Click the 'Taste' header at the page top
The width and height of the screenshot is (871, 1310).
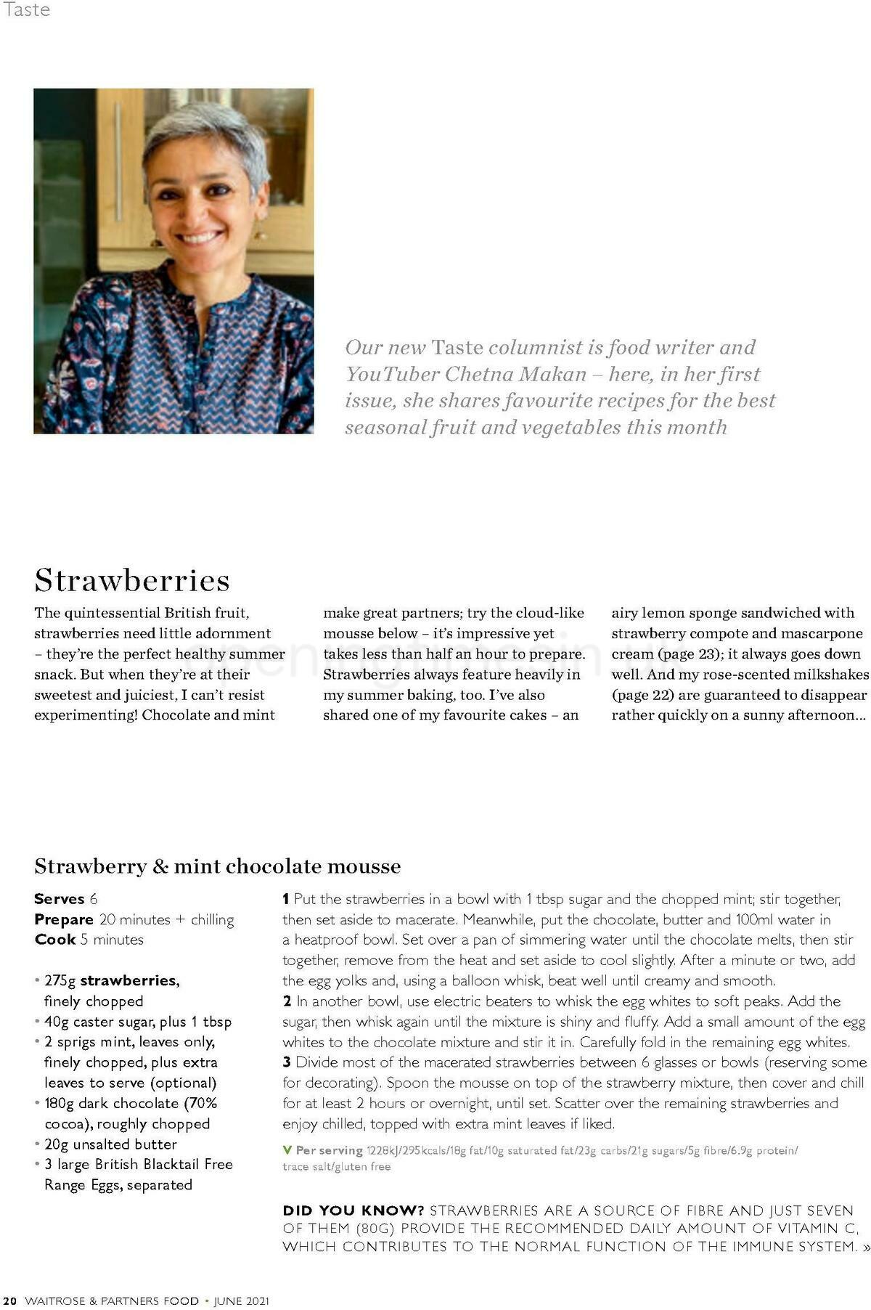coord(27,9)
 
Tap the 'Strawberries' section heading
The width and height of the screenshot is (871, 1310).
coord(132,580)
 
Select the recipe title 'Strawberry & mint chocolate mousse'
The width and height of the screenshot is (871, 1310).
coord(217,866)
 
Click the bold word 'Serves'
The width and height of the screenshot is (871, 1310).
coord(60,899)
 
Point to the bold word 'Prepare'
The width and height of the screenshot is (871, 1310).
coord(64,919)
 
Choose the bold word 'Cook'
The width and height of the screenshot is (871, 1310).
coord(54,940)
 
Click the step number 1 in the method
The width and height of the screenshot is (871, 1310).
coord(286,899)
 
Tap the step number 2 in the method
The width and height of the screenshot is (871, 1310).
coord(287,1001)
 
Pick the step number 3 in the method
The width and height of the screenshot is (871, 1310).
coord(287,1062)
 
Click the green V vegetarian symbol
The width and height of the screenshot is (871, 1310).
coord(287,1150)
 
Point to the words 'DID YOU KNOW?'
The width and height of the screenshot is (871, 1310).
coord(353,1211)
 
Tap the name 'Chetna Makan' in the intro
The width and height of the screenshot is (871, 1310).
coord(515,374)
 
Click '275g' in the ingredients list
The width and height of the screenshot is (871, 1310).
coord(60,980)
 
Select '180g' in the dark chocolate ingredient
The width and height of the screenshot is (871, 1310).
coord(59,1103)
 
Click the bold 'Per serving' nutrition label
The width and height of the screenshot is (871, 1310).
coord(329,1150)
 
